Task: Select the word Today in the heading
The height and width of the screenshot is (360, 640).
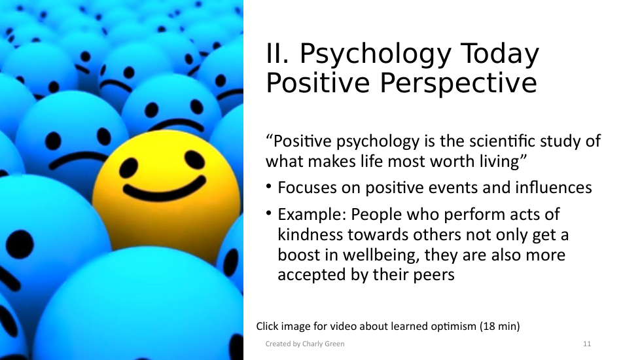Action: (x=499, y=55)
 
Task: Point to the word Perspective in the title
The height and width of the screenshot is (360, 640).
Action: (x=458, y=83)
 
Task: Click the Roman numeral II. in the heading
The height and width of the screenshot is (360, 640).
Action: (x=278, y=54)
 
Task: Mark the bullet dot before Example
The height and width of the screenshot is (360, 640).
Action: (x=268, y=213)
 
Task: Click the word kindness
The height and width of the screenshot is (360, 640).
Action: (x=310, y=235)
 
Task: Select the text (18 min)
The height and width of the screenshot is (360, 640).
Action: (x=500, y=327)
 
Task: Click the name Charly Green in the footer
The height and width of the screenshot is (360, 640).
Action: (x=323, y=344)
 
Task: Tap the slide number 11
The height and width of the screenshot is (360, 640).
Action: (x=587, y=344)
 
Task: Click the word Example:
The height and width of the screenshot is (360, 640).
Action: (x=312, y=215)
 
